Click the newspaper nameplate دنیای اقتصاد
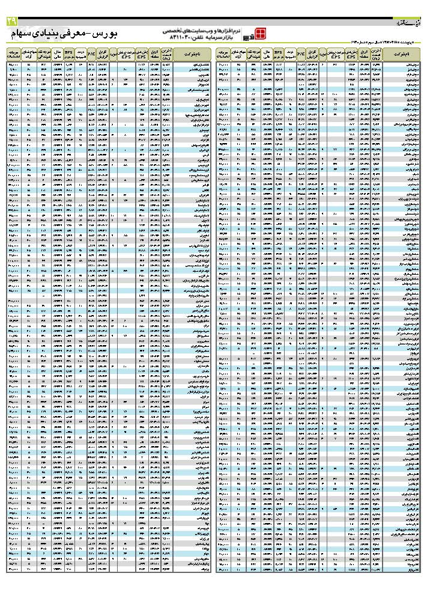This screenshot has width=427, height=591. (x=408, y=23)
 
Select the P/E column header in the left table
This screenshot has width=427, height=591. (x=91, y=54)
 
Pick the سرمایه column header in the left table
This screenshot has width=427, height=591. (x=14, y=54)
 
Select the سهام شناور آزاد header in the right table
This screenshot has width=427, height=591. (x=239, y=54)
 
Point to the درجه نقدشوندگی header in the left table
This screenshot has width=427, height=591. (x=43, y=54)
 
